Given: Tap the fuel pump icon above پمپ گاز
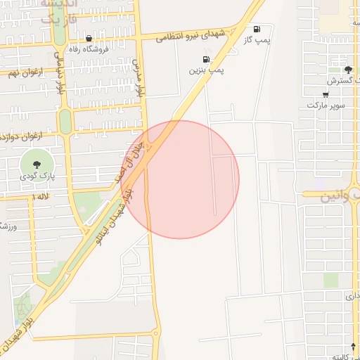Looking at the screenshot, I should click(257, 30).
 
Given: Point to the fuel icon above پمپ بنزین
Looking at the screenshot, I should click(206, 59).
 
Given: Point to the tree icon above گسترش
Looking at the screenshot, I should click(348, 69).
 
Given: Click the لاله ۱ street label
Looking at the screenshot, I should click(41, 198).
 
